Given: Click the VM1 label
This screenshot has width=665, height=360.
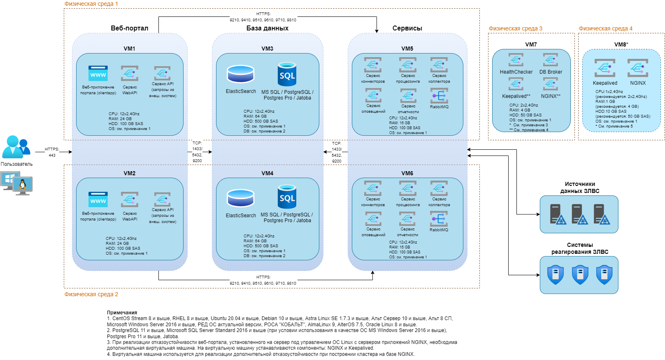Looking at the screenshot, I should coord(129,49).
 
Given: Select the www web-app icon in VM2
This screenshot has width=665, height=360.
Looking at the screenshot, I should coord(98,200).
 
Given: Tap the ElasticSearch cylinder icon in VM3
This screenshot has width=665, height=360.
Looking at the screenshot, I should coord(241,74).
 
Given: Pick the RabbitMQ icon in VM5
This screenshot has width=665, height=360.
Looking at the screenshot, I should coord(439,96).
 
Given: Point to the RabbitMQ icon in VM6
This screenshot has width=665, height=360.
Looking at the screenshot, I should coord(439,219).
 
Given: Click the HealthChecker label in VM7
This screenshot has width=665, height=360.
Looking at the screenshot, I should coord(516,72).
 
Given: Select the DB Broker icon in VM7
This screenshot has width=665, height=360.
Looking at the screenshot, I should coord(550,60).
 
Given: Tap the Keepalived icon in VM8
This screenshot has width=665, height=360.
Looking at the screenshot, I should coord(605,68).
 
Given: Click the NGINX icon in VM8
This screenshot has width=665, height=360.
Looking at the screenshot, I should coord(637,68).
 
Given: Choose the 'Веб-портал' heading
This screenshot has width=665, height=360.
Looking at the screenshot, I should coord(129,28).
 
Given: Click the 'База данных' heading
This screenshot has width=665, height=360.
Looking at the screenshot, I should coord(267,28).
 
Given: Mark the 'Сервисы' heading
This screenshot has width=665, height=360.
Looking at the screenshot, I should coord(407,28).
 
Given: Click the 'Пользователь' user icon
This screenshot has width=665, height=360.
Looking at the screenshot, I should coord(16,147).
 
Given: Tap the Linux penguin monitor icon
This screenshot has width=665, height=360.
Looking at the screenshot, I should coord(23,185).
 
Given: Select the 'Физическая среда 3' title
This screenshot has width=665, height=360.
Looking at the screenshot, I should coord(515,28).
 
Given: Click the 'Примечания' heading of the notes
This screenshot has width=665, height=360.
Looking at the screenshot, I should coord(122,313).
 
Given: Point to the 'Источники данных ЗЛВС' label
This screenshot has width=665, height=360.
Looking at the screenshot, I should coord(579,188).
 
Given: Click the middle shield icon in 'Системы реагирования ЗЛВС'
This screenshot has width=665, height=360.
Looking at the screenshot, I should coord(580,274).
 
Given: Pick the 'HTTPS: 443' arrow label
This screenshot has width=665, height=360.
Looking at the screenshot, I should coord(52,152).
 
